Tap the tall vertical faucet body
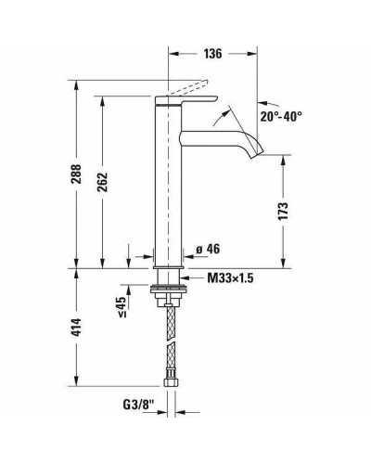[x=168, y=186]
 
